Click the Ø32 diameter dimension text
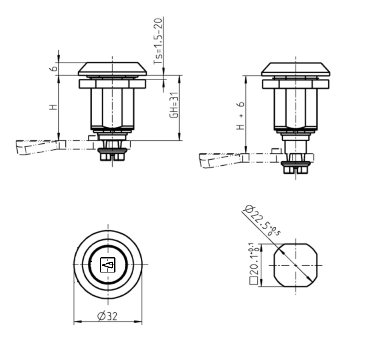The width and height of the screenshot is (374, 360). [107, 316]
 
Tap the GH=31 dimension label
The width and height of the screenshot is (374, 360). [173, 105]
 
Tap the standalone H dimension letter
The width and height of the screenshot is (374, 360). [53, 107]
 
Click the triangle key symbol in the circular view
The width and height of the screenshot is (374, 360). [107, 265]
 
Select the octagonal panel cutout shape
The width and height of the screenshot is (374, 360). [295, 265]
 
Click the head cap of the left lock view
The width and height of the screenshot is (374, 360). [113, 69]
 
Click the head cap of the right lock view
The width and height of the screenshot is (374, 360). [295, 69]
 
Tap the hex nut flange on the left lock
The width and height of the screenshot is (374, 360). [112, 84]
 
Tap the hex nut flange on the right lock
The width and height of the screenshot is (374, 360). [295, 84]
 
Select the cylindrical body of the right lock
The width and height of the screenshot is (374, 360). [295, 108]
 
